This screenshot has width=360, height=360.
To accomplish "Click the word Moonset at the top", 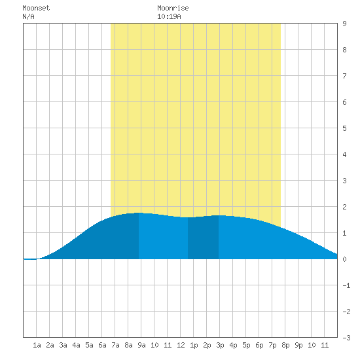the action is [36, 8].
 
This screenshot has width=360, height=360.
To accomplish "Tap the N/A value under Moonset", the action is [28, 16].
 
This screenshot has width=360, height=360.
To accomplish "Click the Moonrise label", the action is [173, 8].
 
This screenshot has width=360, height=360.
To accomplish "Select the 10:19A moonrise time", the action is [169, 16].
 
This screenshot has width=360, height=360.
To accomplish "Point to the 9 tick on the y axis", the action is [344, 24].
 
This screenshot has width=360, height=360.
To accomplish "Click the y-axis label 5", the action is [344, 128].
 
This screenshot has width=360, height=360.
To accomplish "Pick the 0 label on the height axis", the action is [344, 259].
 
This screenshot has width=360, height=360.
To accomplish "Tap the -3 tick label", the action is [346, 338].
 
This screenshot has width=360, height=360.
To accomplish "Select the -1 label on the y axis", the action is [346, 285].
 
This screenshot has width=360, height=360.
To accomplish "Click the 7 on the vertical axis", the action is [344, 76].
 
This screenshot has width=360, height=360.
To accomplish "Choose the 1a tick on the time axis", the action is [37, 345].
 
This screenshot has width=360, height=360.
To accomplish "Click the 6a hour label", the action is [102, 345].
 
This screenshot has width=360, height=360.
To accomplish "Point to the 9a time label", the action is [141, 345].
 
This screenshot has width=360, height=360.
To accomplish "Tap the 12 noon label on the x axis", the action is [181, 345].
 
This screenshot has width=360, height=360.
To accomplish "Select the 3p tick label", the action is [220, 345].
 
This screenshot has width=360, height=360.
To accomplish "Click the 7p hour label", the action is [272, 345].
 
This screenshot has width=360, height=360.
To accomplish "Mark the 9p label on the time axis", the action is [298, 345].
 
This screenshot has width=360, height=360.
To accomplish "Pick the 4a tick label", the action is [76, 345].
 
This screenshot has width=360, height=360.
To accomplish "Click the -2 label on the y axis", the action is [346, 312].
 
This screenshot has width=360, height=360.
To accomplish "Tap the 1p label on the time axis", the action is [194, 345].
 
